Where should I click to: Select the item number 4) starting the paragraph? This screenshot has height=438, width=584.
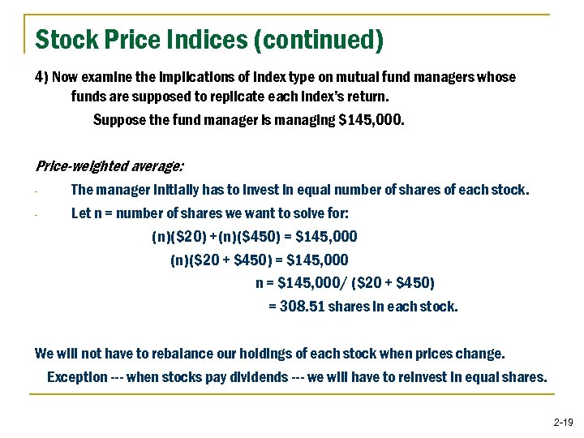42,77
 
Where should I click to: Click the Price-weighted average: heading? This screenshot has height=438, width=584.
110,166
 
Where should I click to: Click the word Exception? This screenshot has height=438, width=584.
77,377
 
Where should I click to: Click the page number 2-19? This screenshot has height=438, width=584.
563,422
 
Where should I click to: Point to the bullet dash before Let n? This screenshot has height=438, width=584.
37,216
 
